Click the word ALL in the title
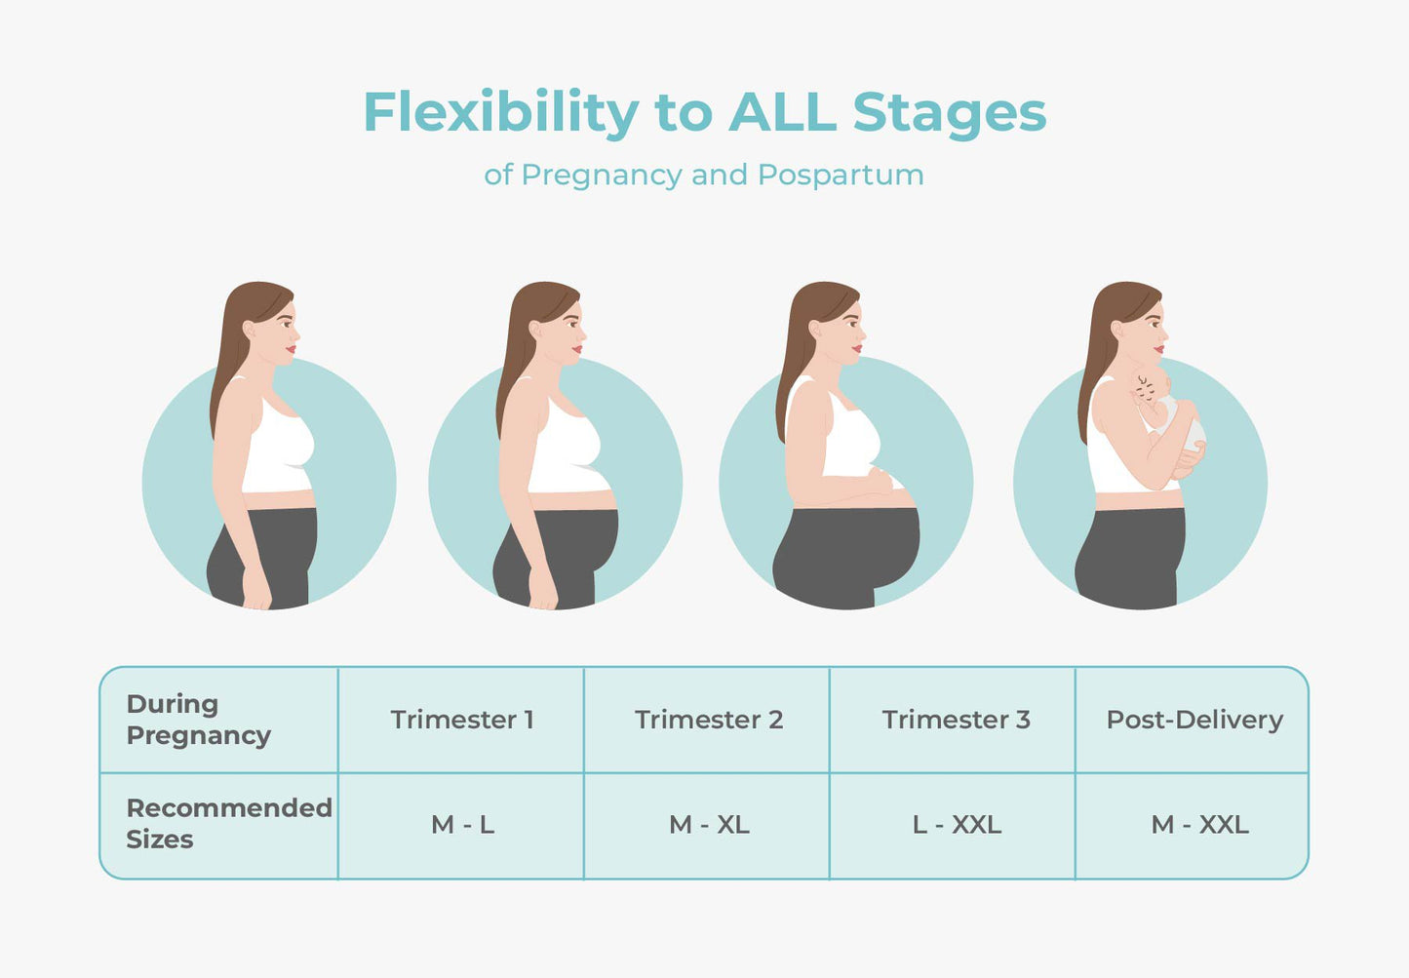(x=782, y=112)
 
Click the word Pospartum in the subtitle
(x=841, y=175)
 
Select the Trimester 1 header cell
(x=461, y=720)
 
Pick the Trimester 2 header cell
(x=707, y=720)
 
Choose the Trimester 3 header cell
(x=953, y=720)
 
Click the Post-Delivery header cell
(x=1193, y=720)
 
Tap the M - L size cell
(x=461, y=825)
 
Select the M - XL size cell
(x=707, y=825)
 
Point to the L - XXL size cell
(x=953, y=825)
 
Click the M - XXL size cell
(x=1193, y=825)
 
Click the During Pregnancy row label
(x=199, y=720)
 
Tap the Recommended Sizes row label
(x=229, y=823)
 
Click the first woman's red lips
(x=291, y=349)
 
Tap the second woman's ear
(x=535, y=331)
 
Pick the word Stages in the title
(x=950, y=114)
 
